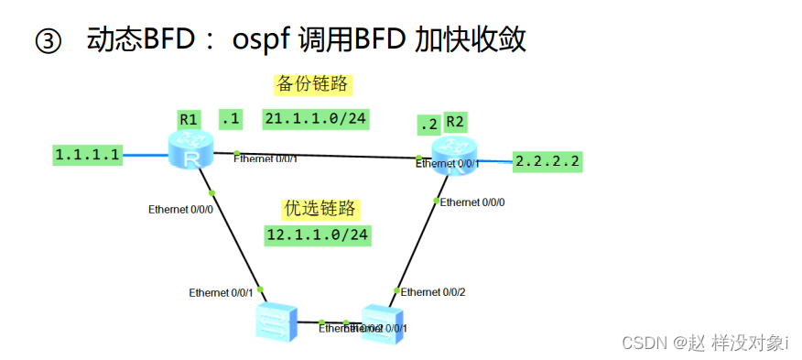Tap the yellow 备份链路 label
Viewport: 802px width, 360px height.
click(314, 84)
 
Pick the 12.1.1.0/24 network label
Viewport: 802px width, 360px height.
click(318, 235)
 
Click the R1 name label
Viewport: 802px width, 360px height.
click(190, 119)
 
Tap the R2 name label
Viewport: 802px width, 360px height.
click(455, 123)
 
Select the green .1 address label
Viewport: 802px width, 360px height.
click(230, 118)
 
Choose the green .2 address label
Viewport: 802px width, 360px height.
click(426, 125)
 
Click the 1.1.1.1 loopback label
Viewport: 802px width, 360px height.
click(87, 155)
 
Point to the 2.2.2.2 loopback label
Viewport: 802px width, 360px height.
click(548, 162)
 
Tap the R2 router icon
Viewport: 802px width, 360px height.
click(454, 156)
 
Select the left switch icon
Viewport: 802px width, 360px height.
click(276, 320)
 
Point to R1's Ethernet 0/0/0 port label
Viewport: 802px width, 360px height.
click(180, 210)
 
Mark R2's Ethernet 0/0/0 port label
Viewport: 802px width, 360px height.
click(472, 202)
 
